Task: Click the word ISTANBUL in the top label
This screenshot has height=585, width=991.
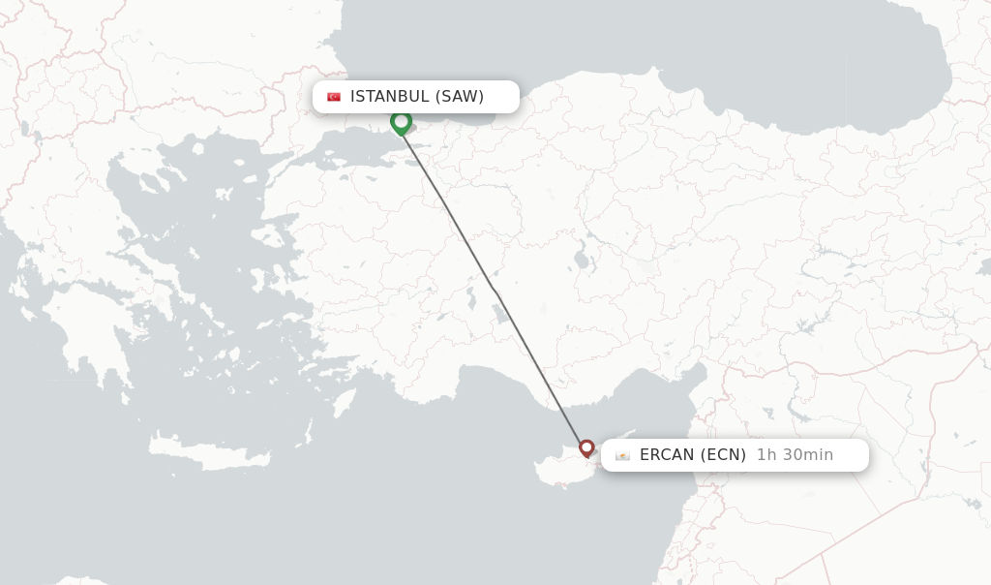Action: pos(389,96)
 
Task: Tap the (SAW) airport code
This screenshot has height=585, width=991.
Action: pos(459,96)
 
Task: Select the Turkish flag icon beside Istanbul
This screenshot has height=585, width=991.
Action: pos(334,97)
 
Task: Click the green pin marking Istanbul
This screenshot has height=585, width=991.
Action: pos(401,122)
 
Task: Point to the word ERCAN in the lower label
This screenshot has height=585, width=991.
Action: pos(667,455)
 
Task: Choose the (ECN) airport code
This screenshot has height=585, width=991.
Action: pos(723,455)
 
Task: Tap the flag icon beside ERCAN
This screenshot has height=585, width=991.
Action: pos(622,455)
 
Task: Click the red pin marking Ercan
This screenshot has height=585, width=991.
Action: pos(586,447)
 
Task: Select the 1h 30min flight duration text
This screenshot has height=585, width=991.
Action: pos(795,455)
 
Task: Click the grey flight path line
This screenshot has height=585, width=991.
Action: pos(494,288)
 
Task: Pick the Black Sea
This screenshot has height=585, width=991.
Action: pos(629,48)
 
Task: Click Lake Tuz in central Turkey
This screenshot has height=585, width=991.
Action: pos(500,312)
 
